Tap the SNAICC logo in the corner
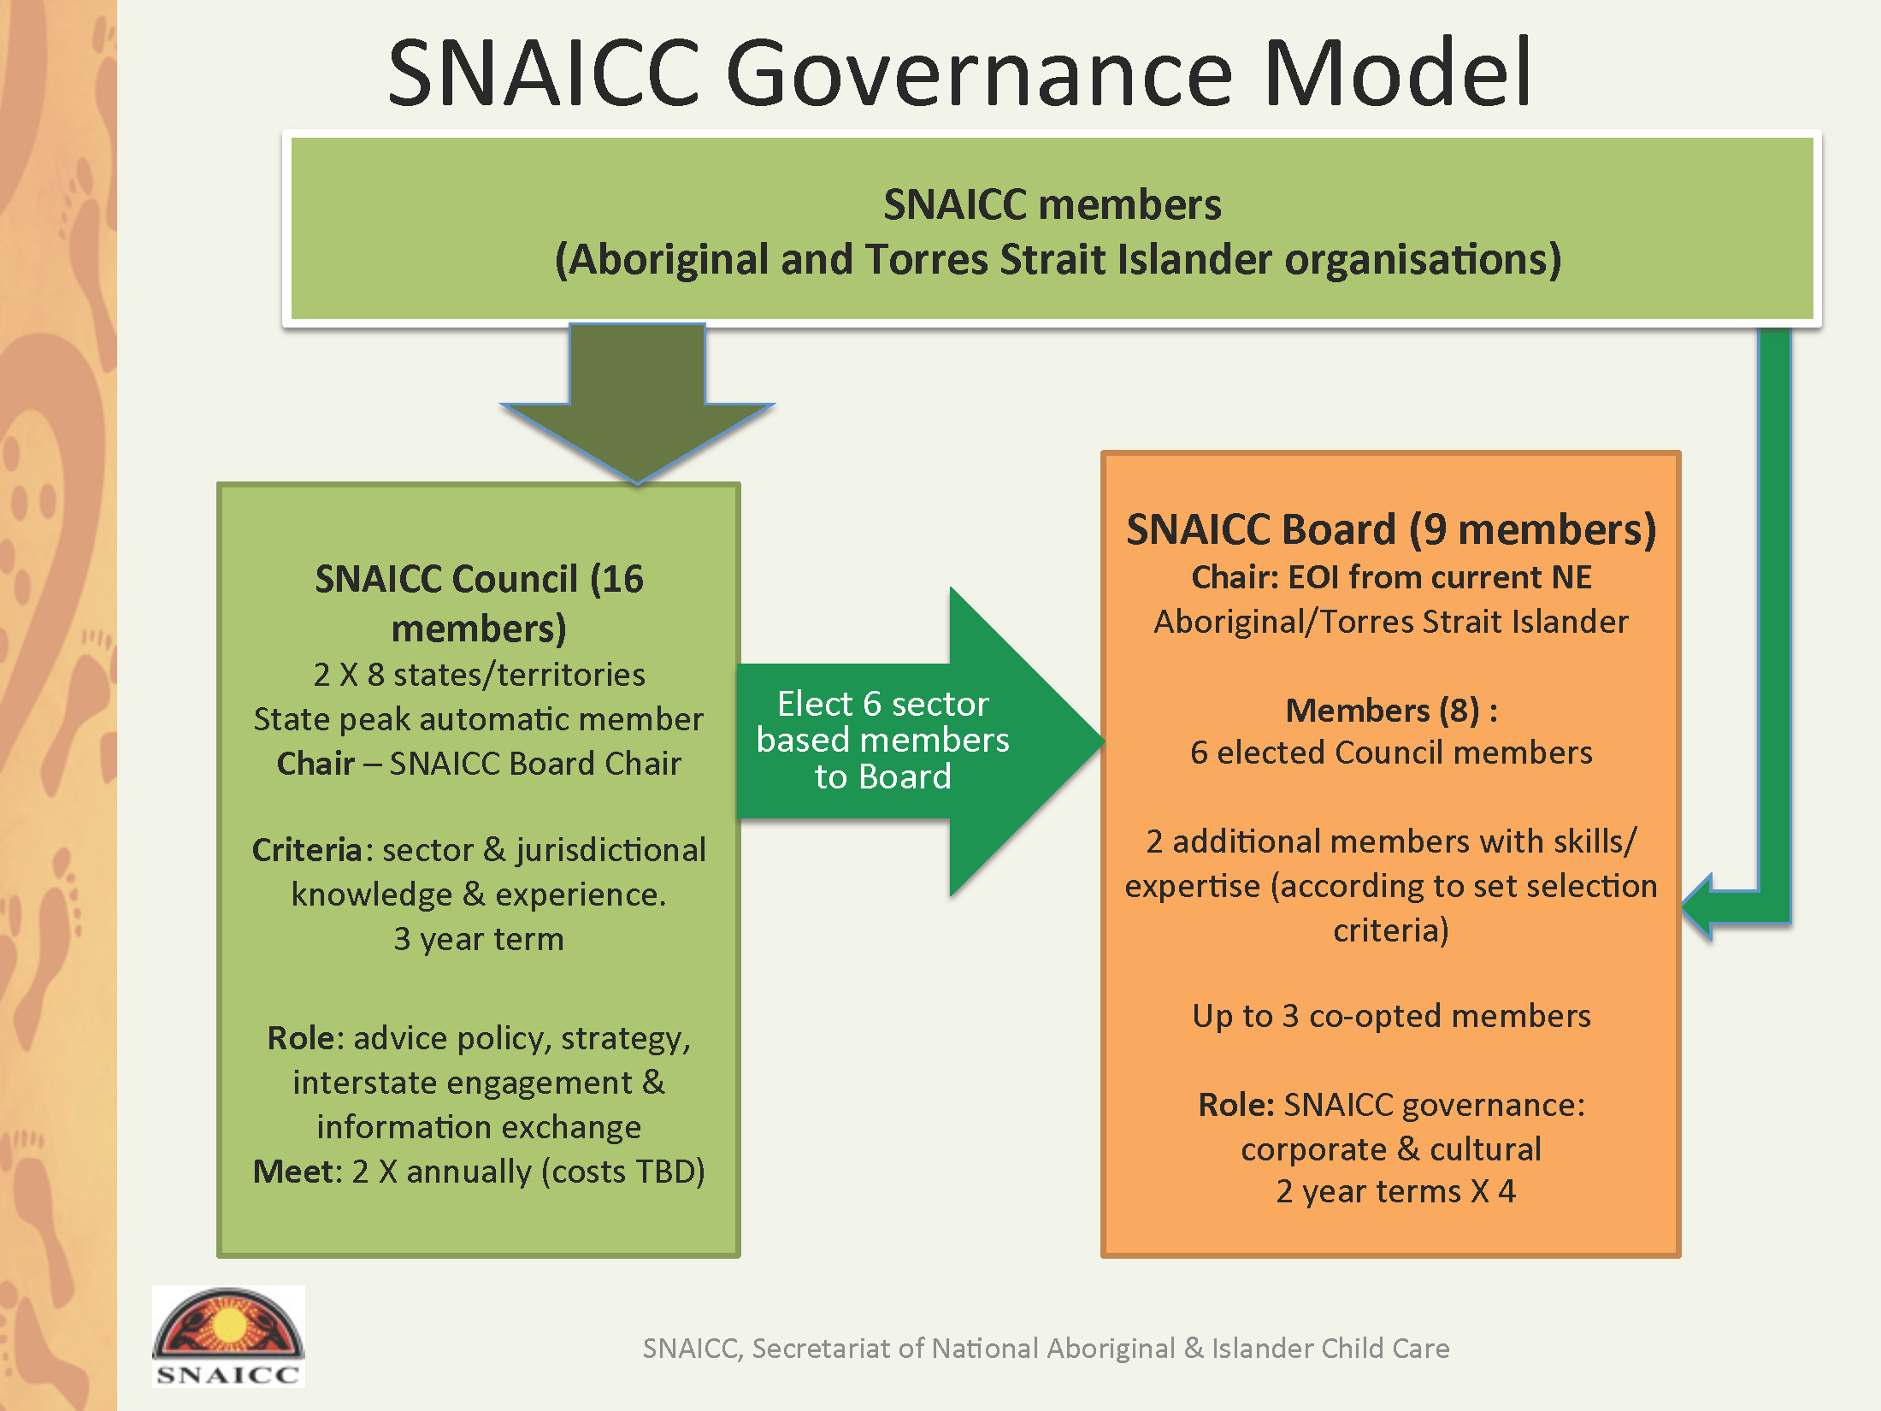(228, 1336)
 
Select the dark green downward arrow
(637, 403)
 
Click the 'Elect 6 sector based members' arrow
(920, 741)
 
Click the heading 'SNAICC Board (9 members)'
(1391, 529)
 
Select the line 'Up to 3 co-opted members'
(1391, 1016)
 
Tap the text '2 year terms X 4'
(1395, 1191)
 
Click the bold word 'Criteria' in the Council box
(307, 850)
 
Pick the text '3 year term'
(479, 939)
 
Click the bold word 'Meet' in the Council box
(296, 1172)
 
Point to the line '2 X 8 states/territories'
(479, 675)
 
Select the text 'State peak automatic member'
(479, 719)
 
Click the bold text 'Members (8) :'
(1391, 711)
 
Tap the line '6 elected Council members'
(1391, 753)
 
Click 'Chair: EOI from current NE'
(1391, 577)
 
